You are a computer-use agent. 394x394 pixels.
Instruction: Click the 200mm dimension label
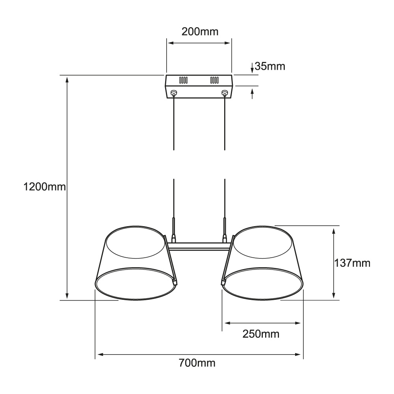tap(200, 32)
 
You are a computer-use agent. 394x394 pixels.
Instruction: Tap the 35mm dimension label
tap(270, 66)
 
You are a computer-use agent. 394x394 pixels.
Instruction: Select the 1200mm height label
tap(45, 187)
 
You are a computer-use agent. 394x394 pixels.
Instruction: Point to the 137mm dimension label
tap(352, 263)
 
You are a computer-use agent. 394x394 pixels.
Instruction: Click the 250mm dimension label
tap(261, 334)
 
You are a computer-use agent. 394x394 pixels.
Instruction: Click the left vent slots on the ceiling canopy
tap(183, 80)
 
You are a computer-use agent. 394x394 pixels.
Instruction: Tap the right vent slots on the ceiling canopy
tap(214, 80)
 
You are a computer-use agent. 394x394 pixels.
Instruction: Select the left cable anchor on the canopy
tap(174, 93)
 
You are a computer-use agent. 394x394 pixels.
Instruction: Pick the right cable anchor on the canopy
tap(225, 93)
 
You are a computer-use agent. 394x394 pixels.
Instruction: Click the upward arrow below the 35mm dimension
tap(252, 94)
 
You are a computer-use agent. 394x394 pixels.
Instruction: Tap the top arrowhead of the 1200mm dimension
tap(67, 80)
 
